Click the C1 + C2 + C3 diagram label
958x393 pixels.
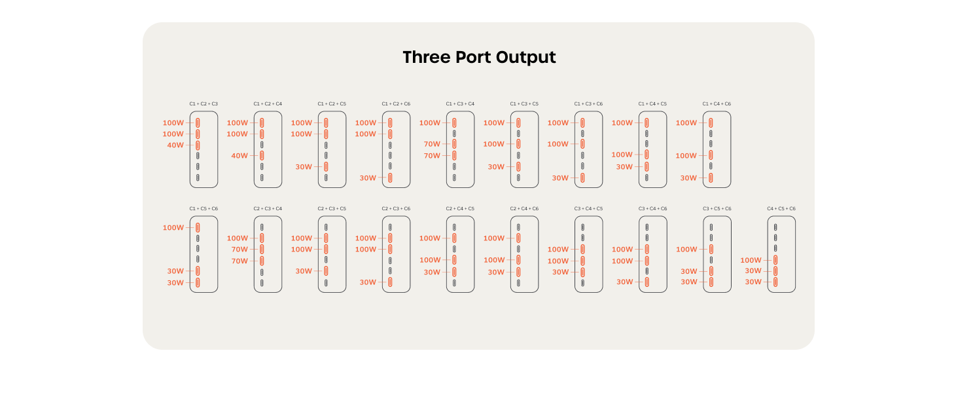204,103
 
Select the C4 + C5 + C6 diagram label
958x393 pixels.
781,208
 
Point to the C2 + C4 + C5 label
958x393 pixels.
460,208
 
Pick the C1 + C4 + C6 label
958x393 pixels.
717,103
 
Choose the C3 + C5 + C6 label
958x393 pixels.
717,208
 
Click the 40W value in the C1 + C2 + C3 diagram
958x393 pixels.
175,145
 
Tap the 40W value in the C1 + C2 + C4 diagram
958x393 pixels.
239,155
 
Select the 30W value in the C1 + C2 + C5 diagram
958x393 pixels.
304,166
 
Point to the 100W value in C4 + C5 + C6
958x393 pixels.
751,260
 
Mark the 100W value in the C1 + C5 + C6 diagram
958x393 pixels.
173,227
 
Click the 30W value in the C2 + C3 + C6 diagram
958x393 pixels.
368,282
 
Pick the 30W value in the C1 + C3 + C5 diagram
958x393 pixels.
496,166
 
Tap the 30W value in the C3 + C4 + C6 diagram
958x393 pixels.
625,282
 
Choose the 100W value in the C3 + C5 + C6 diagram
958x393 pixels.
687,249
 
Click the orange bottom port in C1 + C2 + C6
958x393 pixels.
390,178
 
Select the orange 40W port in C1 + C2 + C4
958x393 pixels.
262,155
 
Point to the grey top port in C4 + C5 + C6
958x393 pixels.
775,227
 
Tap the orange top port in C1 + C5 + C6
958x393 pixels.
198,227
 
